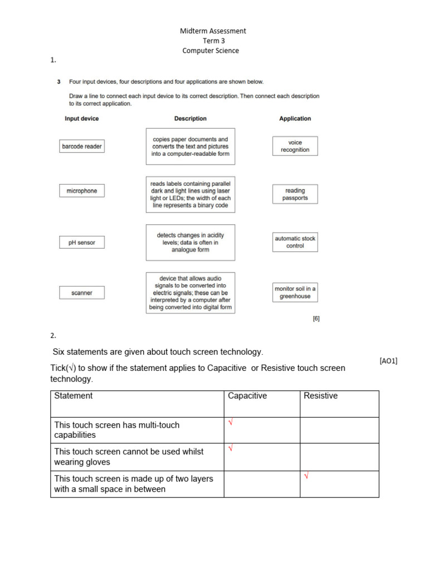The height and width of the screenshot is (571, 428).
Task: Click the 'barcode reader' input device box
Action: pos(82,147)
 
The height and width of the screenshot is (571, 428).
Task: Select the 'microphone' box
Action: pos(82,191)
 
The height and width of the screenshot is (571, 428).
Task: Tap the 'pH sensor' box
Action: pos(82,243)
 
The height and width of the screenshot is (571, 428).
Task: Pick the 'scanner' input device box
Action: pos(82,293)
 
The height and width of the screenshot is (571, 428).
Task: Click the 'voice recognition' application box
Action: pos(295,146)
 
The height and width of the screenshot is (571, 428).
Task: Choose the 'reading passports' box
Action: pos(295,194)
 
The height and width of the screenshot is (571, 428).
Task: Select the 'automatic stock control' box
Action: pos(295,242)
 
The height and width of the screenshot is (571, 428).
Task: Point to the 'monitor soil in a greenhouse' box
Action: pos(295,292)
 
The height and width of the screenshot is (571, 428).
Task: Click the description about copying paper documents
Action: pos(190,147)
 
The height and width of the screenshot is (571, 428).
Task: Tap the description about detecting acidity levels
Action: pos(190,243)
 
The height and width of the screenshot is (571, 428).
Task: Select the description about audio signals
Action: pos(190,293)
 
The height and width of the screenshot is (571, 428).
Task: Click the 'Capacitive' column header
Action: pos(247,396)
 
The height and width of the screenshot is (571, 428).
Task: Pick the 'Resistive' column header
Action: pos(320,396)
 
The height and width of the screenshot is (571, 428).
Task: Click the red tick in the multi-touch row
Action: pos(231,423)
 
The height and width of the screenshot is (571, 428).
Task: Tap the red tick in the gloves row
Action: pos(231,448)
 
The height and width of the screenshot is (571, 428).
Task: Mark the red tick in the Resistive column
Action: pos(306,476)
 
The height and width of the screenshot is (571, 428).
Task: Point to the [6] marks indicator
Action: pos(316,319)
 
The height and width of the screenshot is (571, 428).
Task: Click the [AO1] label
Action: pos(388,361)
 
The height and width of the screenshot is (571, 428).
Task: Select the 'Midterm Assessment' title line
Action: pos(213,31)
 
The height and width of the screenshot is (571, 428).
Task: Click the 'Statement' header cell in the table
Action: pos(74,396)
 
